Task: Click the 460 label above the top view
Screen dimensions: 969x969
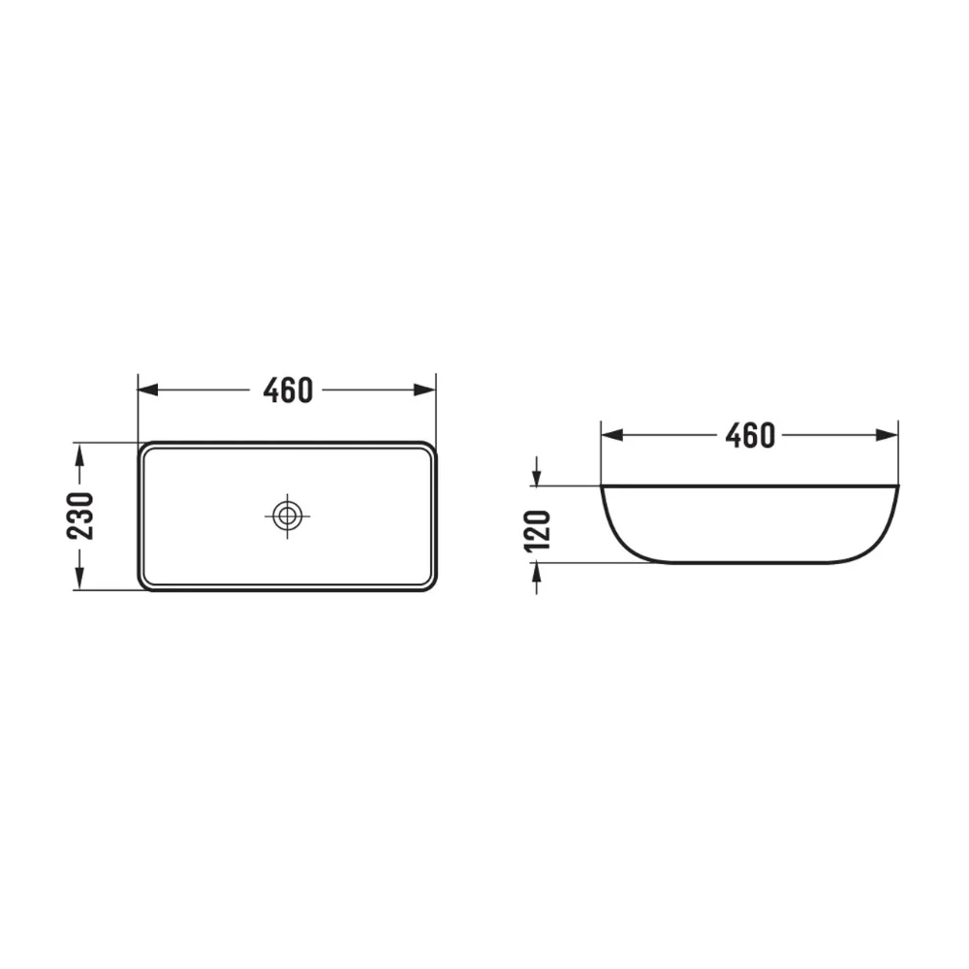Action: [x=288, y=390]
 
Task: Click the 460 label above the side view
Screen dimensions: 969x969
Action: [x=750, y=436]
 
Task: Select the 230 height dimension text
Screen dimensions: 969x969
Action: [x=80, y=516]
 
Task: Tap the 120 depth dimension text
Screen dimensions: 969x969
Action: [x=537, y=530]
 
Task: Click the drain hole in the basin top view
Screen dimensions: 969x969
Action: [x=287, y=516]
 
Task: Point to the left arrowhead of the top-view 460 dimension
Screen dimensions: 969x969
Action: [x=147, y=390]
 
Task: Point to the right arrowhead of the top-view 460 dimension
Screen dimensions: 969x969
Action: [x=425, y=390]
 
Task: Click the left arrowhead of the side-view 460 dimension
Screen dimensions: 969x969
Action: [x=611, y=436]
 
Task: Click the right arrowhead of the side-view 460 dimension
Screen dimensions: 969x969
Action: [x=888, y=436]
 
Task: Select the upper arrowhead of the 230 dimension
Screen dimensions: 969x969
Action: [x=78, y=454]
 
